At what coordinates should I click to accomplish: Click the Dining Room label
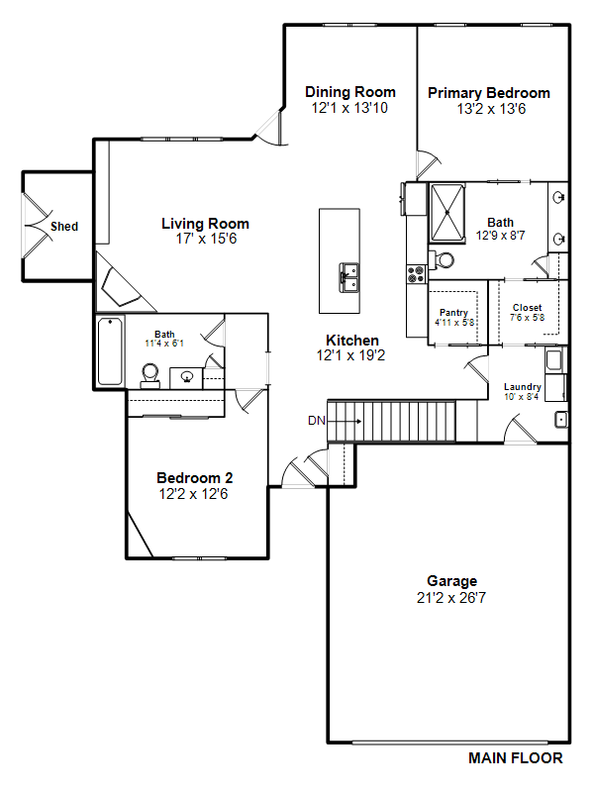[x=350, y=92]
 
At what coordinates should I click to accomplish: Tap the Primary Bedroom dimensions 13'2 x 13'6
[x=491, y=109]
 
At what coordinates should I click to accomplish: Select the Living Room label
[x=205, y=224]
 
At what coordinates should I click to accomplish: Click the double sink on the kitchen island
[x=349, y=277]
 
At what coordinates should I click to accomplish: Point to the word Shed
[x=64, y=227]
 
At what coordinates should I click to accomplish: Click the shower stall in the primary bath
[x=447, y=213]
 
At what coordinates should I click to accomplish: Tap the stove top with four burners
[x=416, y=274]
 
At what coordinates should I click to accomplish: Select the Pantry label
[x=453, y=313]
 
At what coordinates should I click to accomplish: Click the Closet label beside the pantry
[x=528, y=307]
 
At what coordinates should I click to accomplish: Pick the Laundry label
[x=523, y=387]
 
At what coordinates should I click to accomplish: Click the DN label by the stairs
[x=317, y=420]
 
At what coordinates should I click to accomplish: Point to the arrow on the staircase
[x=345, y=422]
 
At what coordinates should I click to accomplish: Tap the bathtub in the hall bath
[x=110, y=351]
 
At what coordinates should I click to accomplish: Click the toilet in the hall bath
[x=150, y=376]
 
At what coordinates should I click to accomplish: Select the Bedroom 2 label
[x=194, y=478]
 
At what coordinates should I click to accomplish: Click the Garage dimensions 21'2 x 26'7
[x=451, y=598]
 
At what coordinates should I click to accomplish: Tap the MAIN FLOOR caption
[x=515, y=758]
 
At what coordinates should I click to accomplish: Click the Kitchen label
[x=352, y=341]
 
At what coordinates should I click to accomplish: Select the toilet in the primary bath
[x=442, y=260]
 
